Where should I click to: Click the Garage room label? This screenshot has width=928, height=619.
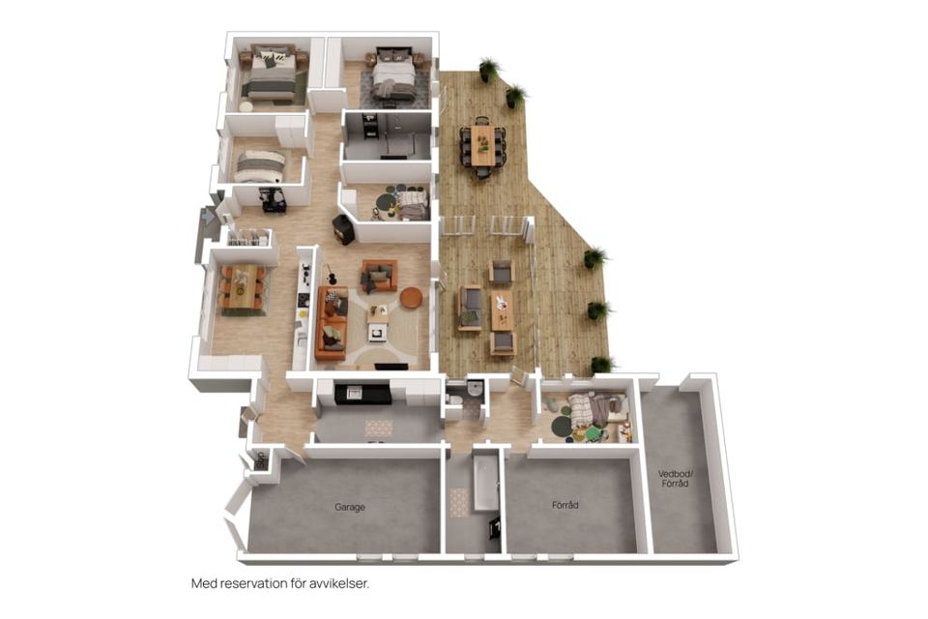[x=350, y=507]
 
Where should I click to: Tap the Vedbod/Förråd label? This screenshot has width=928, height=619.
[x=676, y=479]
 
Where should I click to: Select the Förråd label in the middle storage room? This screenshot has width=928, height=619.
[x=565, y=505]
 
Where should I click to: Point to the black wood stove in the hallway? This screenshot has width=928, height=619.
[x=343, y=229]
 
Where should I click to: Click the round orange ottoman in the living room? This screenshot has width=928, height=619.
[x=412, y=297]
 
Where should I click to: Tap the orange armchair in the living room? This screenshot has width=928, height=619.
[x=379, y=276]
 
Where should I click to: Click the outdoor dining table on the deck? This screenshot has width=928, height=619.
[x=483, y=145]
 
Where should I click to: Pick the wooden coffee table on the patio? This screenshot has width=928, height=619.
[x=502, y=309]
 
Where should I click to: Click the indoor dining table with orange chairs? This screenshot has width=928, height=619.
[x=243, y=286]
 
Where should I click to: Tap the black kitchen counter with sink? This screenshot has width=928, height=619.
[x=362, y=394]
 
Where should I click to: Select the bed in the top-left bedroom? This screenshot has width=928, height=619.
[x=271, y=74]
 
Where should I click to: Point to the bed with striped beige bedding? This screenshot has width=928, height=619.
[x=260, y=166]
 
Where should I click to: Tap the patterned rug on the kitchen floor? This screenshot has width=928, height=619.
[x=379, y=427]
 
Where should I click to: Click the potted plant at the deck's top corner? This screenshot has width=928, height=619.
[x=489, y=70]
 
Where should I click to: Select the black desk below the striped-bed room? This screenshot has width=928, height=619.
[x=273, y=200]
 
